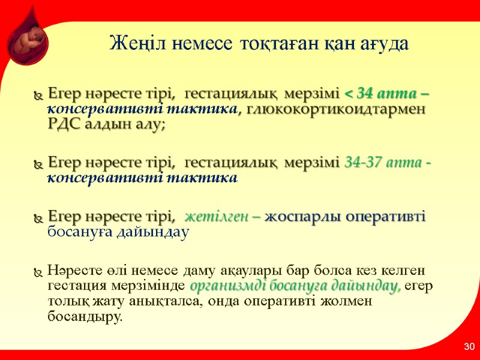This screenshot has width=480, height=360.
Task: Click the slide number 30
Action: (469, 347)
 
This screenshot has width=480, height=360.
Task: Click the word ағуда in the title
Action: (379, 44)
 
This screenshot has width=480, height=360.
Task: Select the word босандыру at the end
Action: (83, 316)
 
